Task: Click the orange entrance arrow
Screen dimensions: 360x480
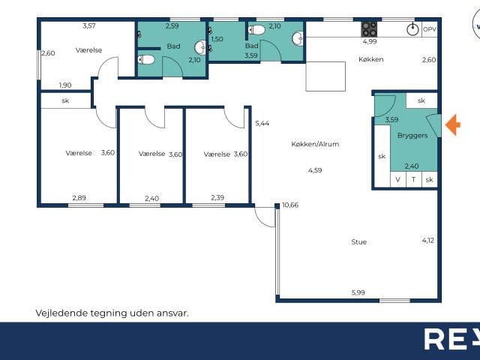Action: click(452, 124)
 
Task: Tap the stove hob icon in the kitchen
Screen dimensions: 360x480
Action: click(370, 29)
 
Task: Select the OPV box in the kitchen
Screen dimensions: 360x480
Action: click(429, 29)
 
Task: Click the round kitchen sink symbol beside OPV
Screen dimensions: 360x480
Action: click(412, 29)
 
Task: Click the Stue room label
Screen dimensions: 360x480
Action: click(359, 241)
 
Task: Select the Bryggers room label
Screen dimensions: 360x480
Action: click(412, 136)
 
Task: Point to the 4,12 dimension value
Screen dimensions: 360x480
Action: click(427, 240)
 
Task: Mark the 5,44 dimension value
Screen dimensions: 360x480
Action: click(262, 123)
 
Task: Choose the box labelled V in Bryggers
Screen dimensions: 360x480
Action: click(397, 180)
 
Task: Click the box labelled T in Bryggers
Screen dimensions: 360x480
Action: click(412, 180)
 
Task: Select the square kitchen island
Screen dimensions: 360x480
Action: click(325, 76)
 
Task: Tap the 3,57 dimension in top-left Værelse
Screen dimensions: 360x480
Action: click(88, 26)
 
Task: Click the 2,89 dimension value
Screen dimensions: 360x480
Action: click(79, 198)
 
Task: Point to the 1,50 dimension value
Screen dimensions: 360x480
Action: click(217, 39)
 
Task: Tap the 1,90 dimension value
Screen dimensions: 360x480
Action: click(66, 85)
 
